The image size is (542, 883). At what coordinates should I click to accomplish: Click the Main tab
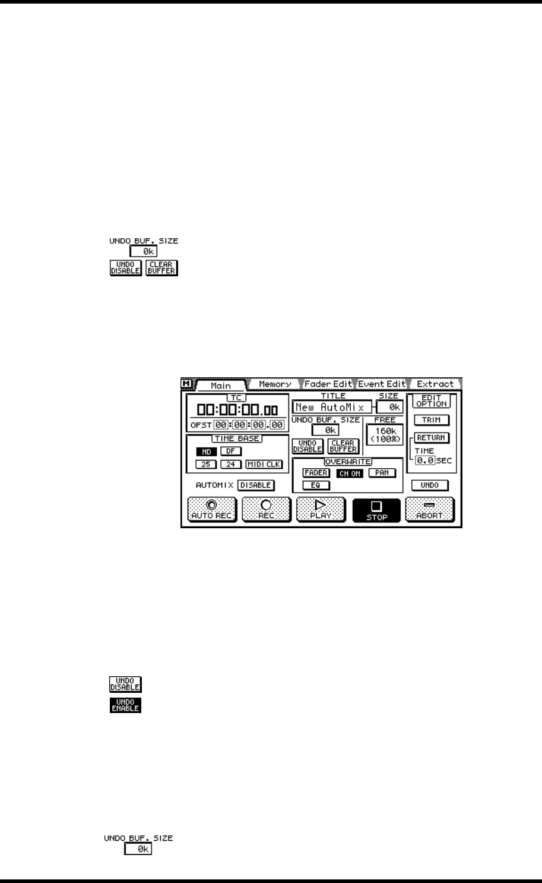tap(221, 386)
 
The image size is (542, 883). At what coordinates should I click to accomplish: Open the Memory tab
tap(275, 384)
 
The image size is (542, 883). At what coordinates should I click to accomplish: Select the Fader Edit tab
tap(329, 384)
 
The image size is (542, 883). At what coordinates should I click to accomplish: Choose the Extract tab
tap(435, 384)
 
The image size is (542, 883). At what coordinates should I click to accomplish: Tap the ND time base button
tap(207, 452)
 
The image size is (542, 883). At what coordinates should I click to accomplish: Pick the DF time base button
tap(231, 452)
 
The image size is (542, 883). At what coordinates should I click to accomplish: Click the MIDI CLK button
tap(264, 464)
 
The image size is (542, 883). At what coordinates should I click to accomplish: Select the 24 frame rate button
tap(231, 464)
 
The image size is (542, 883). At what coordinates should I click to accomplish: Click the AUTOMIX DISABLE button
tap(256, 485)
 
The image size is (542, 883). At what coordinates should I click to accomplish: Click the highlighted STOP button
tap(376, 510)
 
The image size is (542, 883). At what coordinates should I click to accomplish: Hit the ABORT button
tap(430, 510)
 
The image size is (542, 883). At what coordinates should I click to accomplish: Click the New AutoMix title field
tap(331, 408)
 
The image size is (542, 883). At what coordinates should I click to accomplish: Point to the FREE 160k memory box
tap(385, 434)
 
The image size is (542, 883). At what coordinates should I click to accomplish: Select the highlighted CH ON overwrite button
tap(349, 473)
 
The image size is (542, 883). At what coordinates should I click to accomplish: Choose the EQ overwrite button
tap(315, 485)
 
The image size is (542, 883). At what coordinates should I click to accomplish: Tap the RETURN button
tap(432, 438)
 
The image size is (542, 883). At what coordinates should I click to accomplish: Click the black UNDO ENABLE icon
tap(125, 705)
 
